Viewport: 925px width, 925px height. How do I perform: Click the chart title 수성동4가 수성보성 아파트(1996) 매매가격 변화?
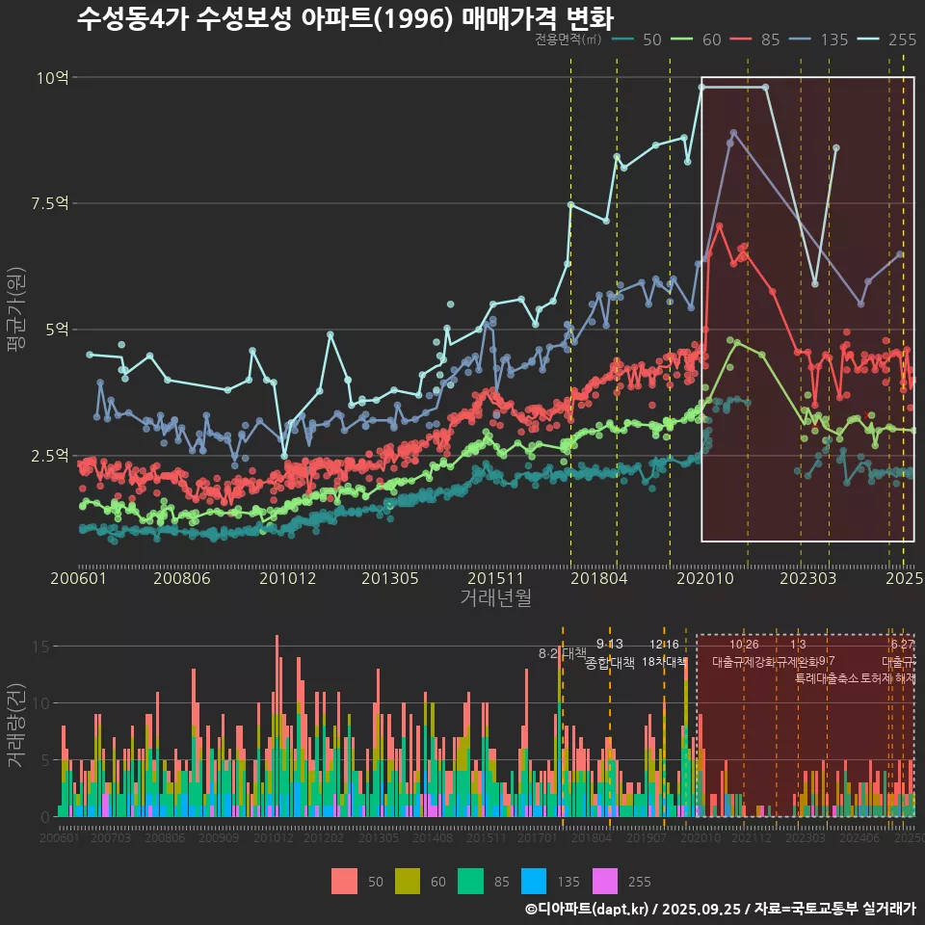tap(344, 18)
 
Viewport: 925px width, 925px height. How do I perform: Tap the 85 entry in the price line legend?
tap(755, 40)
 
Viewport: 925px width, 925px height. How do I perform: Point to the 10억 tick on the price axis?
tap(52, 77)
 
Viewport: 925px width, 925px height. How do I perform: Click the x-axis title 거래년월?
tap(495, 598)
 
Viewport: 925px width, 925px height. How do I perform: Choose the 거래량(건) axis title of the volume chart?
tap(16, 726)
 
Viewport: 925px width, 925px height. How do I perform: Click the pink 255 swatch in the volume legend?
tap(605, 881)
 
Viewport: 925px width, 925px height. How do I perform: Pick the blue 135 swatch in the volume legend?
tap(535, 881)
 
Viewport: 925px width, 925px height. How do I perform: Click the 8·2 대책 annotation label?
tap(562, 653)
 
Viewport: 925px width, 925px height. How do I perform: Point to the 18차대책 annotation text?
tap(664, 662)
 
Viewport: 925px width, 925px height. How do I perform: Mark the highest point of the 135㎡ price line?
tap(733, 133)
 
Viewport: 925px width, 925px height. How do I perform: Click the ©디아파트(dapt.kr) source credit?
tap(588, 909)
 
